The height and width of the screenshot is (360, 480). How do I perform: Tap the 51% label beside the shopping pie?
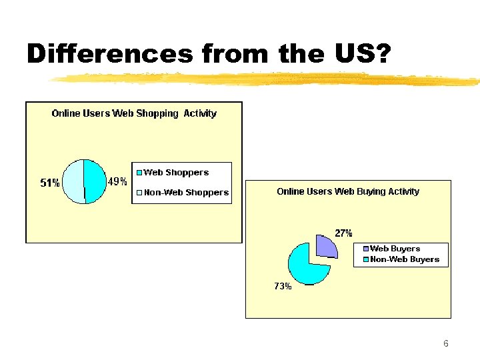[x=50, y=183]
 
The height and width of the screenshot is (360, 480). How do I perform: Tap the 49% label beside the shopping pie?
[x=117, y=182]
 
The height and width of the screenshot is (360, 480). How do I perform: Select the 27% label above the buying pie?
[x=343, y=233]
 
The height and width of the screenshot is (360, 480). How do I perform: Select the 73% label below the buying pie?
[x=283, y=286]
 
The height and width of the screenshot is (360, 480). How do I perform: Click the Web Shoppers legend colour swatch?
[x=139, y=173]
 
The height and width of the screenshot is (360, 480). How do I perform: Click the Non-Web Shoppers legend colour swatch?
[x=139, y=193]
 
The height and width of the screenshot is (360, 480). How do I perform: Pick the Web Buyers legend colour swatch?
[x=366, y=249]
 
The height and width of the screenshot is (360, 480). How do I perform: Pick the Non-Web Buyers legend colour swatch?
[x=366, y=259]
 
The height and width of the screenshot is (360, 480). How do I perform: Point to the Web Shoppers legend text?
[x=176, y=173]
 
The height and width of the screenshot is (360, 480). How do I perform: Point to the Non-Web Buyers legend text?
[x=405, y=259]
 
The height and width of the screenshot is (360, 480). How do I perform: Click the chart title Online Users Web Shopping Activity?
[x=134, y=113]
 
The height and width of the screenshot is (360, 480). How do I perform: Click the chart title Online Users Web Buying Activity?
[x=348, y=191]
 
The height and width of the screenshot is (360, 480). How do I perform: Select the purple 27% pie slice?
[x=325, y=245]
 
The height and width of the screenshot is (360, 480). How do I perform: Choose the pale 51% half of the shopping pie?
[x=73, y=181]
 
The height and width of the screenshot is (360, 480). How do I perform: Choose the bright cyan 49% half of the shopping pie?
[x=95, y=181]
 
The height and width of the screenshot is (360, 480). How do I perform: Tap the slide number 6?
[x=445, y=344]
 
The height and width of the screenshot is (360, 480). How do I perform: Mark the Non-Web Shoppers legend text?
[x=186, y=193]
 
